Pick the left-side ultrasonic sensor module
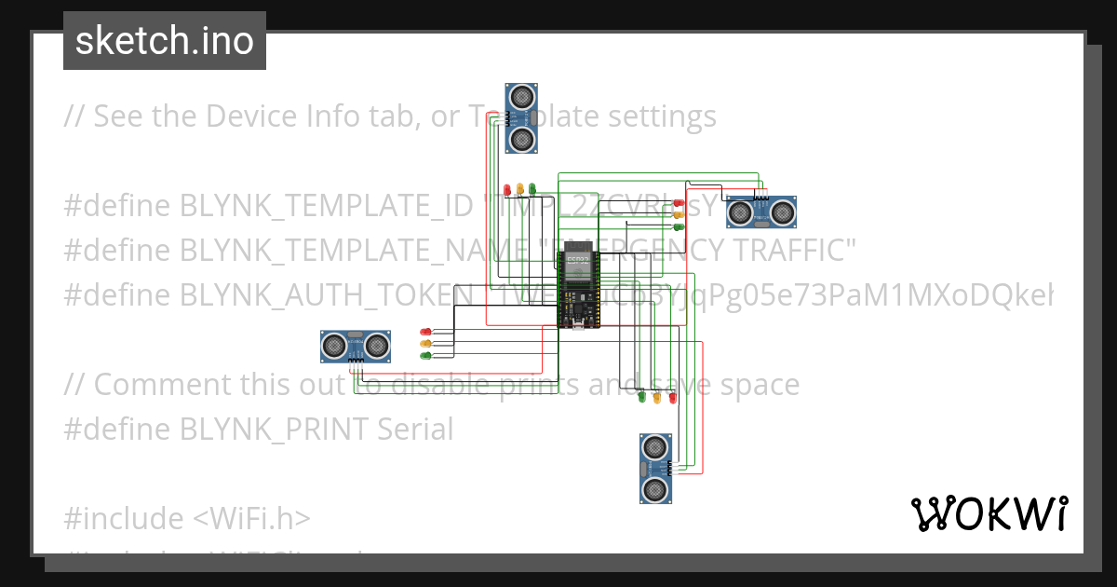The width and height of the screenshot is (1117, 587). [x=355, y=346]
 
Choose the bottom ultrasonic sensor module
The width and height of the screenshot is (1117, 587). [x=655, y=469]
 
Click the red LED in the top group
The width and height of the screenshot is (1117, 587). [x=507, y=190]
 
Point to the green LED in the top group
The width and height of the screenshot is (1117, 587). [x=532, y=190]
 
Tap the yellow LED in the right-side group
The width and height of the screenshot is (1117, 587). [x=679, y=214]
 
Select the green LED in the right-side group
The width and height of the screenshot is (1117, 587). [x=679, y=226]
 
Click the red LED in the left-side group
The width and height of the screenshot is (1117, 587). [x=425, y=331]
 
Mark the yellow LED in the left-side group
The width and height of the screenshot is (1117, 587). [x=425, y=343]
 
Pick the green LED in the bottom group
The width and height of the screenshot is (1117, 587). [x=641, y=398]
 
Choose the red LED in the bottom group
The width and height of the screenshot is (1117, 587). [x=672, y=398]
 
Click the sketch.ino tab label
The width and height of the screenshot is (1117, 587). [x=165, y=41]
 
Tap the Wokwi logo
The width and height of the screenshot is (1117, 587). [x=989, y=514]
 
